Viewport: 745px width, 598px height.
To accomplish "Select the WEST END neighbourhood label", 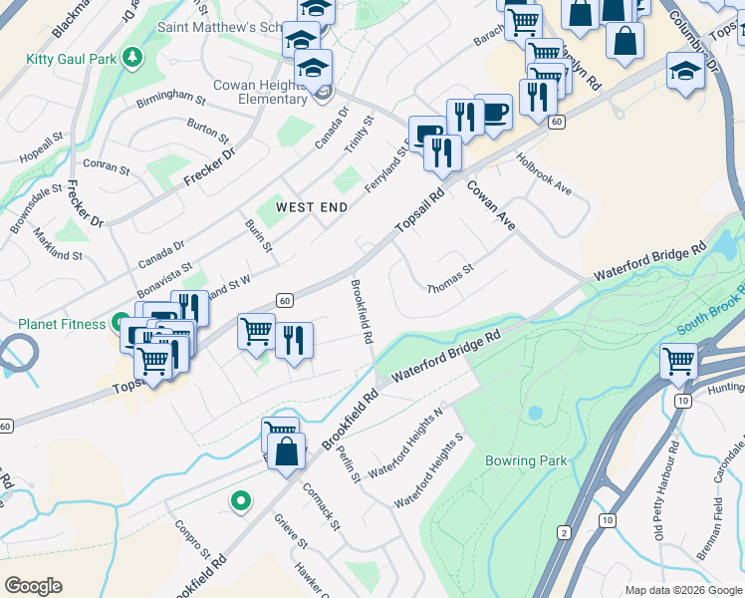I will click(312, 207).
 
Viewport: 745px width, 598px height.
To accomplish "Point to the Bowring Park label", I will click(526, 460).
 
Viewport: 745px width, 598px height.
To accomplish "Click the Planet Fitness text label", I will click(61, 324).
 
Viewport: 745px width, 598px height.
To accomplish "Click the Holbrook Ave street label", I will click(544, 173).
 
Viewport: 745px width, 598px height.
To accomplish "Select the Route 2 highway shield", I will click(564, 532).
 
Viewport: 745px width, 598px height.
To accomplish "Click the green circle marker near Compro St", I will click(240, 501).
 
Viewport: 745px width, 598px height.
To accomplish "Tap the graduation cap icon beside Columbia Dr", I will click(684, 71).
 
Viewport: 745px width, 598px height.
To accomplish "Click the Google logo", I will click(33, 586).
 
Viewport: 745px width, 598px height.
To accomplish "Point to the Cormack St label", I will click(323, 504).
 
